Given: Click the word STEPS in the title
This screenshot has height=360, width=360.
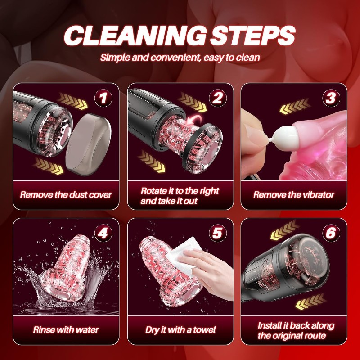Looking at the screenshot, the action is point(252,36).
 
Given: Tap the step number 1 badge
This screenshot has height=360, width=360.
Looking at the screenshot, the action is point(103,98).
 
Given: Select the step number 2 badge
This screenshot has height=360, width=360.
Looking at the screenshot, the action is point(218,98).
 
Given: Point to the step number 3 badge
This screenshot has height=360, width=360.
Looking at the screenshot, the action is point(331,98).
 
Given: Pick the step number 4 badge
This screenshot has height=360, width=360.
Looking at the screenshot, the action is point(103,233).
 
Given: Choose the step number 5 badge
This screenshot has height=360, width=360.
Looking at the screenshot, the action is point(218,233).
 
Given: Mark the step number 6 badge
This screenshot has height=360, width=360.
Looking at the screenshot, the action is point(331,233).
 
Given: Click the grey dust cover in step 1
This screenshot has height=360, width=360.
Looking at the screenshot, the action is point(88,144).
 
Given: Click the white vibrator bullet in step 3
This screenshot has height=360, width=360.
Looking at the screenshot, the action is point(283,136).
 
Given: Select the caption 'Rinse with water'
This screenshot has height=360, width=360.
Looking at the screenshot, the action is point(66,330).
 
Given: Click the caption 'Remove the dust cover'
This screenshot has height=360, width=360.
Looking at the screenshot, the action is point(66,195).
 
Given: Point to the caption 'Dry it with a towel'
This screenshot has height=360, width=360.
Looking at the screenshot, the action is point(180,330).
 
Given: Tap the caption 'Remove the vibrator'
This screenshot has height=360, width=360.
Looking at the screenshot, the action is point(294,195).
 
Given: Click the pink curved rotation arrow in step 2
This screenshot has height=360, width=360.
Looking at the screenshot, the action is point(194,120).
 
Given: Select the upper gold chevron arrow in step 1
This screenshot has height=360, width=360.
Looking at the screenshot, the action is point(72,100).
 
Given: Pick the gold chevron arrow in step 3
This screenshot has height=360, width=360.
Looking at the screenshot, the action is point(295,106).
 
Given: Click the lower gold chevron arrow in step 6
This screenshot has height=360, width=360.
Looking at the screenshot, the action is point(311,301).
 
